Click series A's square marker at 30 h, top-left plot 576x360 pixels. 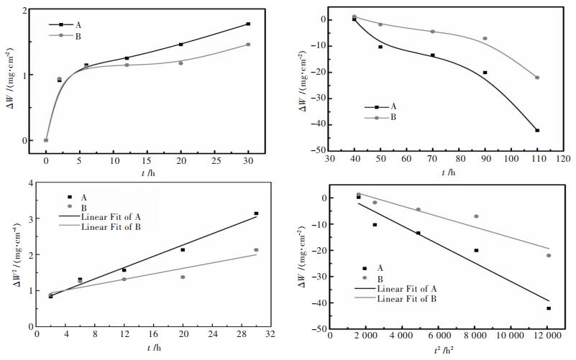click(248, 24)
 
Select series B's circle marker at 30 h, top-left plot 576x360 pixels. click(248, 45)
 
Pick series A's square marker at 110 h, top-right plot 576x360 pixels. click(537, 130)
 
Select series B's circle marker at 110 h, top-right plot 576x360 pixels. click(537, 78)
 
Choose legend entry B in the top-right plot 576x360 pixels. click(393, 116)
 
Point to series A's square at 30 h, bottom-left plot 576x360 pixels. click(256, 213)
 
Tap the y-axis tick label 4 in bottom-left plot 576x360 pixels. click(29, 183)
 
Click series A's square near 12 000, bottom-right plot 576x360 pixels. click(548, 308)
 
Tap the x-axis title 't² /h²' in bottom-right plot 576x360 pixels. click(447, 349)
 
